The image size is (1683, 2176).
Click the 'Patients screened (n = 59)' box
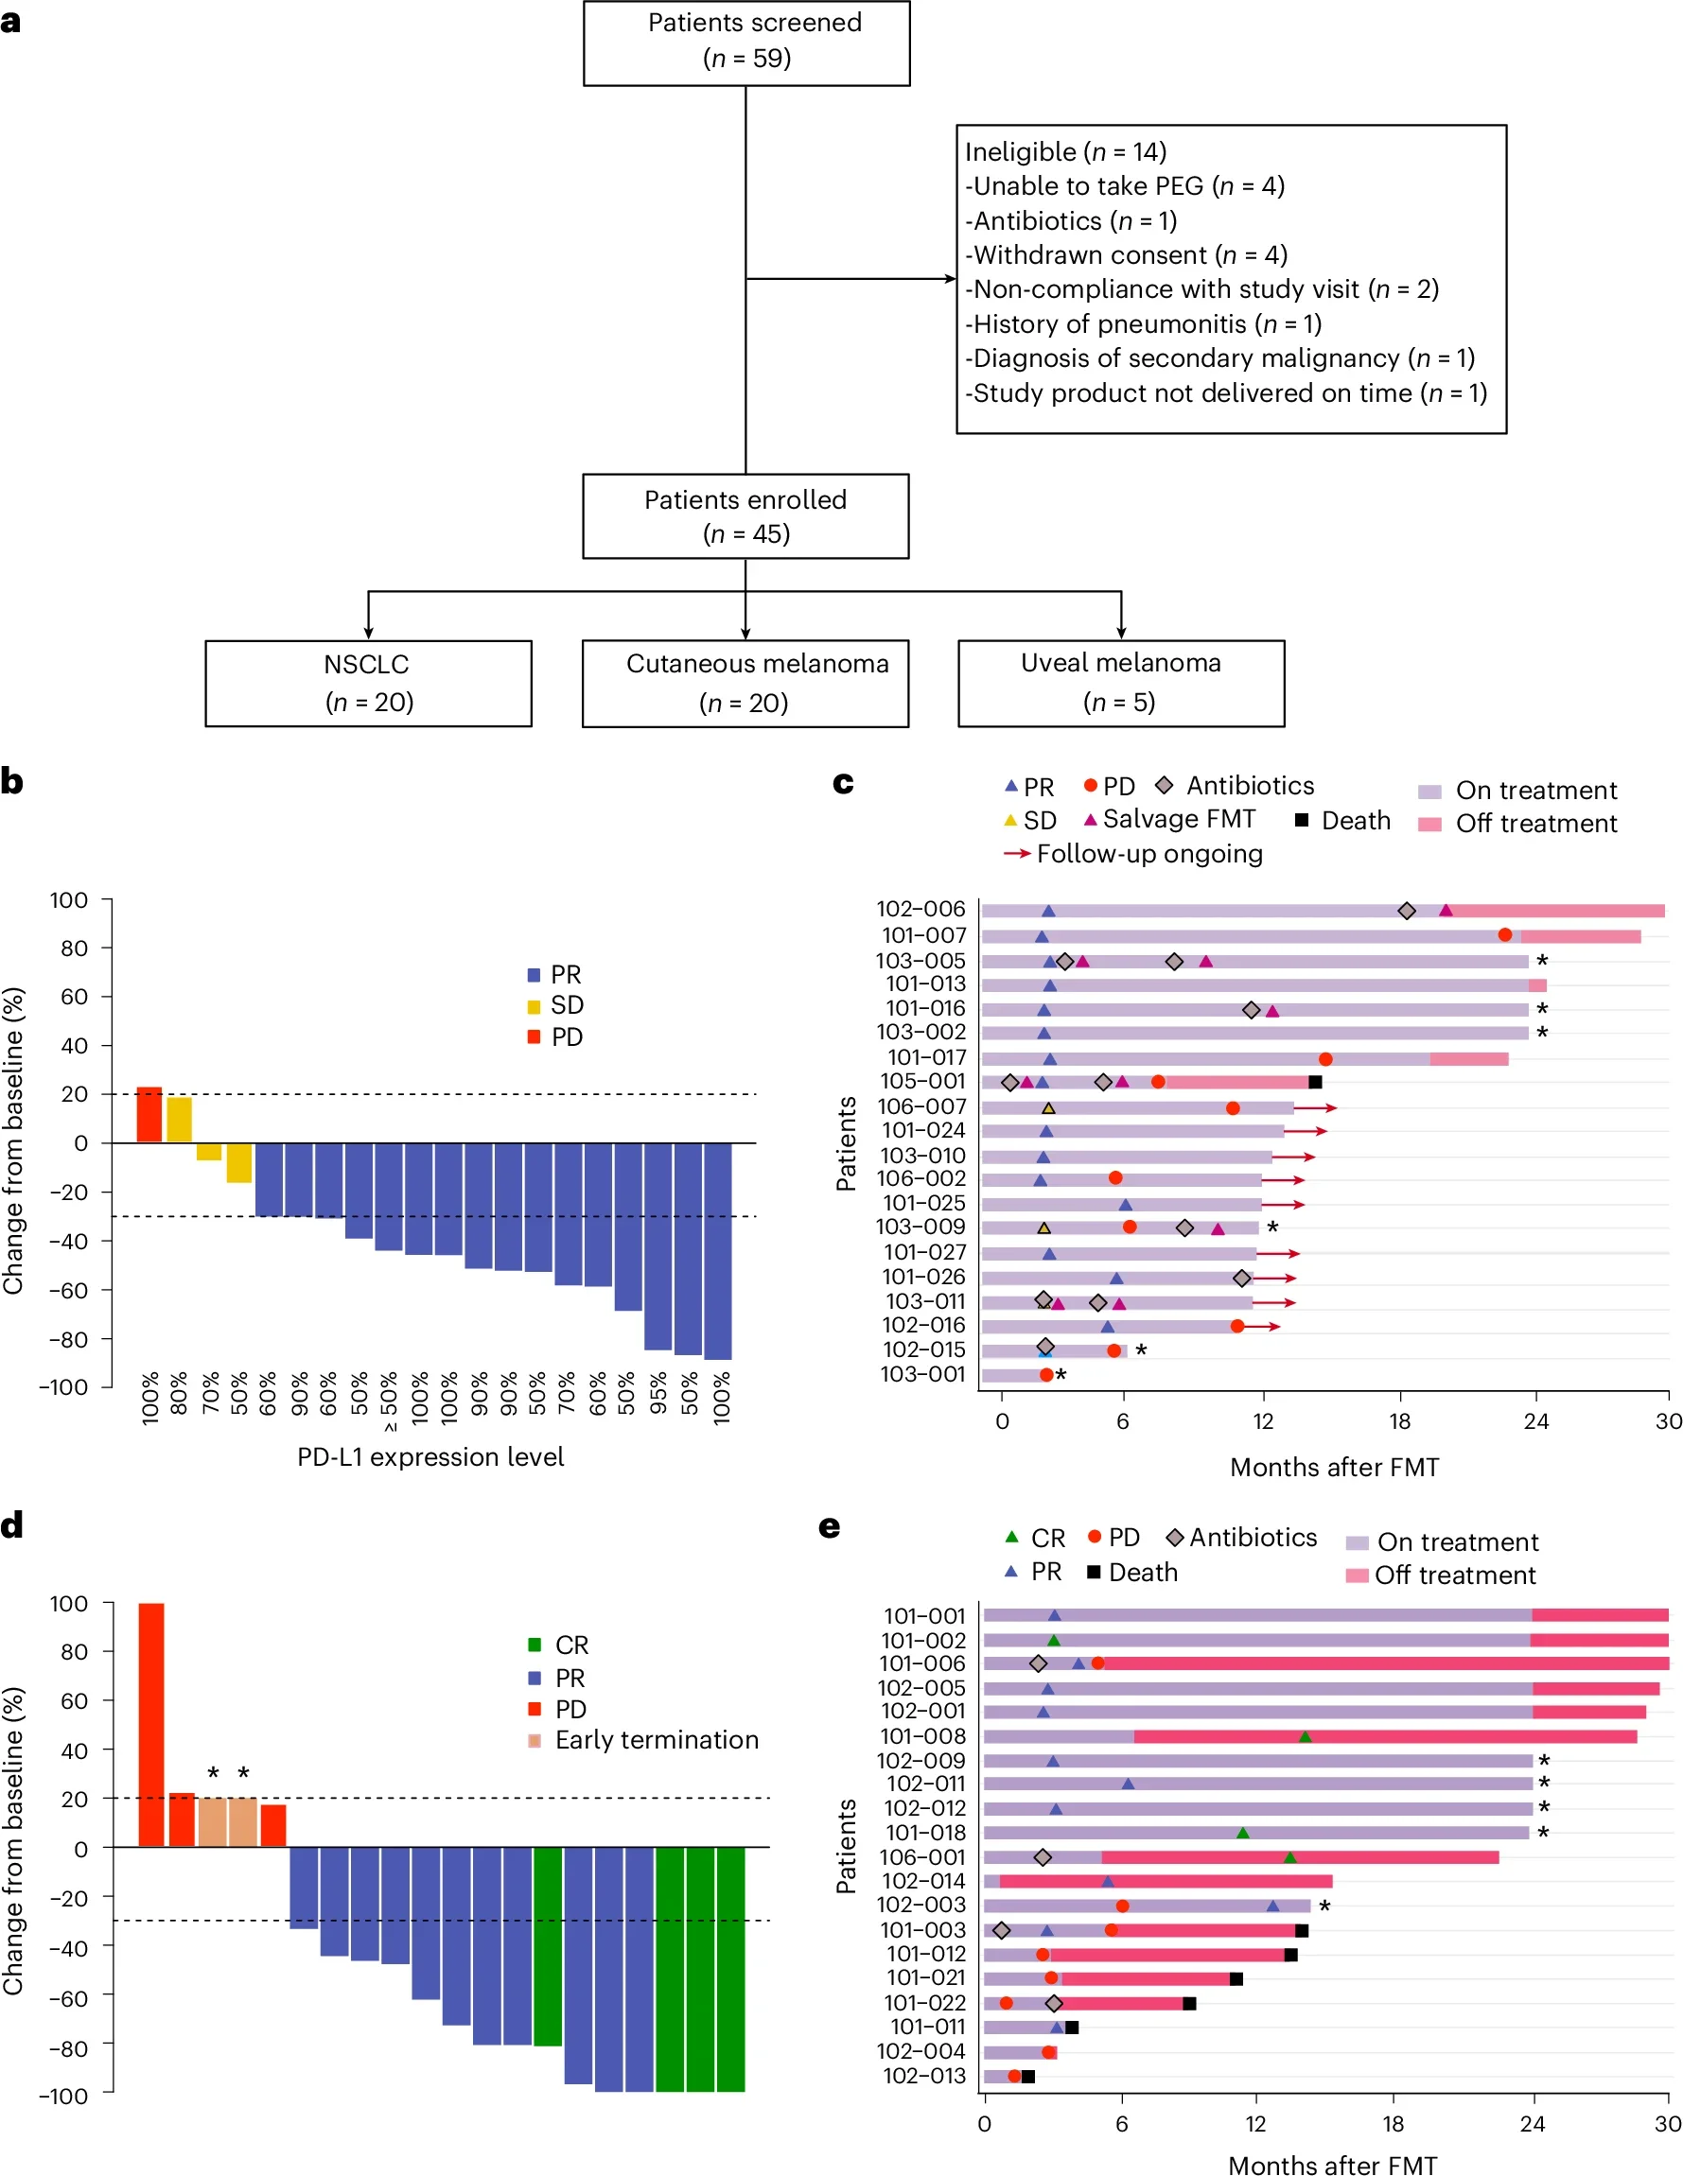click(x=745, y=42)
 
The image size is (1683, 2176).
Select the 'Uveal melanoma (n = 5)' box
click(x=1120, y=683)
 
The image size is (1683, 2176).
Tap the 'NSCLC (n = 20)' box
click(x=368, y=683)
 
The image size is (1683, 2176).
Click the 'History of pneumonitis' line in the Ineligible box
click(x=1142, y=323)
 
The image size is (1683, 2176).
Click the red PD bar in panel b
click(x=149, y=1114)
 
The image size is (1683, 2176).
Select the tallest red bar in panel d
click(x=150, y=1724)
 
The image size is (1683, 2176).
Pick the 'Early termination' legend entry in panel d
click(x=655, y=1740)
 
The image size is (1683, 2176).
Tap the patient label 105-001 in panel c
click(x=921, y=1081)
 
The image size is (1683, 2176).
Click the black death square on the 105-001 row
click(x=1314, y=1082)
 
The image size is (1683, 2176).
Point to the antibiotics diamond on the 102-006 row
click(x=1406, y=911)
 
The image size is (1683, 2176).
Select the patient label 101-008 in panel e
click(x=921, y=1736)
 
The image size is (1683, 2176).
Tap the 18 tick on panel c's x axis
click(x=1399, y=1421)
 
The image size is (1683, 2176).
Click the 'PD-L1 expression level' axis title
click(x=430, y=1456)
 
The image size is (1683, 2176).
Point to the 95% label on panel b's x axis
click(x=657, y=1395)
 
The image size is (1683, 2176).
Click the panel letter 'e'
click(x=829, y=1527)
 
